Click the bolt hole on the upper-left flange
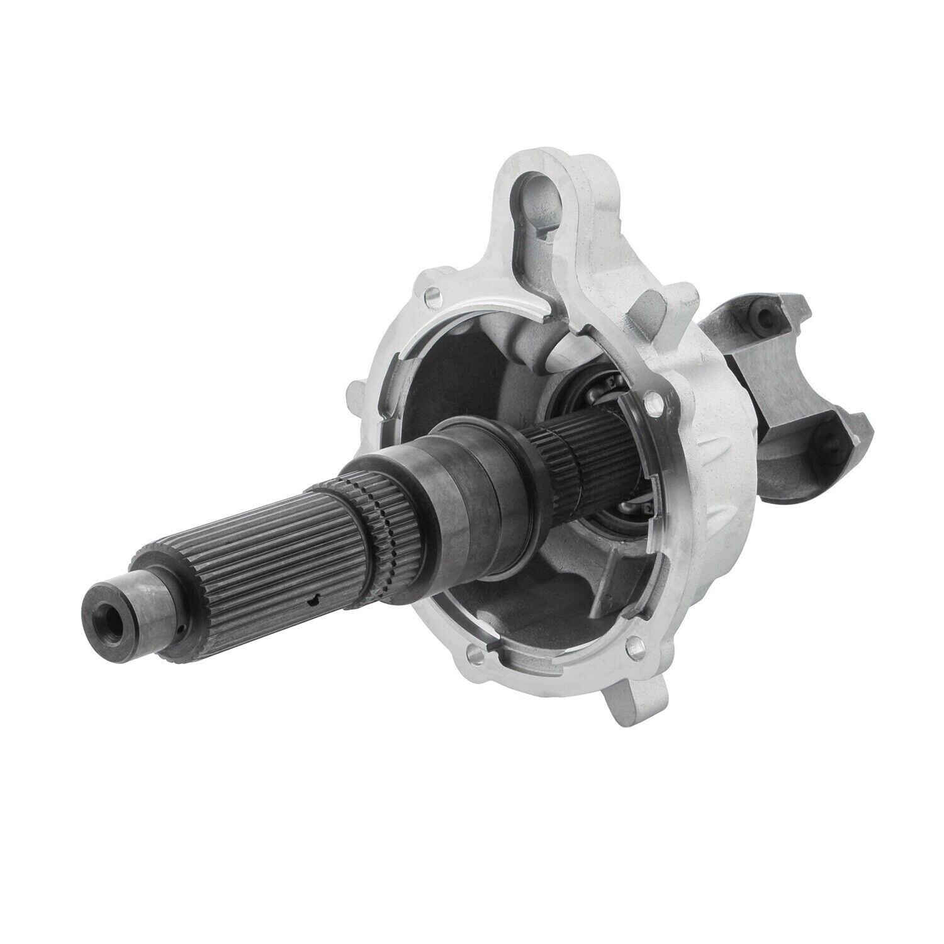point(431,295)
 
